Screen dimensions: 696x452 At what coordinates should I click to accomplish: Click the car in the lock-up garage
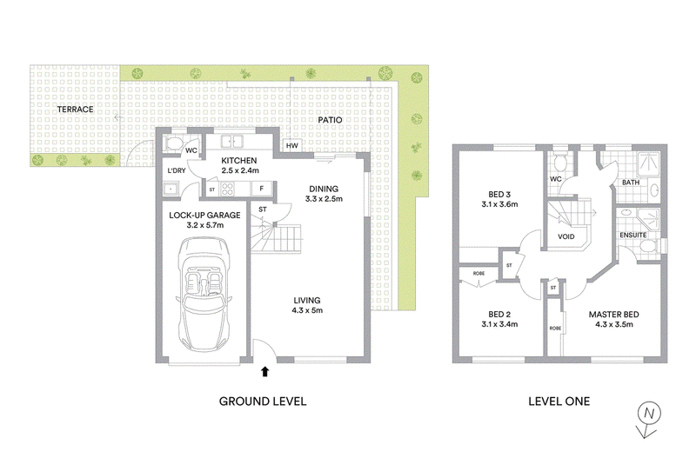coord(204,295)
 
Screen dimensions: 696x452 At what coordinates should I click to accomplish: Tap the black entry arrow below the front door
coord(265,372)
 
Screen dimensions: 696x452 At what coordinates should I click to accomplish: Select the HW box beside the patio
coord(291,145)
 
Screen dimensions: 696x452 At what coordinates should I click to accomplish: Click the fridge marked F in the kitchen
coord(262,189)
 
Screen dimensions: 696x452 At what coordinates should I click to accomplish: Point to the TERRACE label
coord(75,110)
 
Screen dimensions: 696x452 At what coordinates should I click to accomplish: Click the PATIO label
coord(330,120)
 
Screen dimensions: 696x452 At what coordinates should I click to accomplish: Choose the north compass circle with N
coord(649,414)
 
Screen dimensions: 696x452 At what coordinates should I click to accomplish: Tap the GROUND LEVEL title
coord(263,402)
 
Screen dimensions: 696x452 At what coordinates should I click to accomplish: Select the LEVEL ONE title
coord(559,402)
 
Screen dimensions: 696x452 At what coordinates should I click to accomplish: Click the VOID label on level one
coord(566,237)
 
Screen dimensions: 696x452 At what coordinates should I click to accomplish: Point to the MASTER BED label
coord(614,315)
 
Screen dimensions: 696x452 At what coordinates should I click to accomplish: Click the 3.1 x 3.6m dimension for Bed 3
coord(499,204)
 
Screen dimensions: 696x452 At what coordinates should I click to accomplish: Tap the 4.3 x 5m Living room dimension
coord(307,310)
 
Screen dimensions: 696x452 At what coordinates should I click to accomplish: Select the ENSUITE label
coord(633,235)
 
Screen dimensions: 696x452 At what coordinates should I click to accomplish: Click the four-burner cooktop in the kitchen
coord(228,189)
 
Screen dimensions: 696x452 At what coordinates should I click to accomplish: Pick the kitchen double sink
coord(232,142)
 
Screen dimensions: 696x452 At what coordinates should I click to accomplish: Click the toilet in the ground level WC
coord(172,143)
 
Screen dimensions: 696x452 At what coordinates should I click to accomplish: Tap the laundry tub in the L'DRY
coord(171,189)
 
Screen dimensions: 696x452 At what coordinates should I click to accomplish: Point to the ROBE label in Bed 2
coord(478,274)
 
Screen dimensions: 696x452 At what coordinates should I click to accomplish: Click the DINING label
coord(324,189)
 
